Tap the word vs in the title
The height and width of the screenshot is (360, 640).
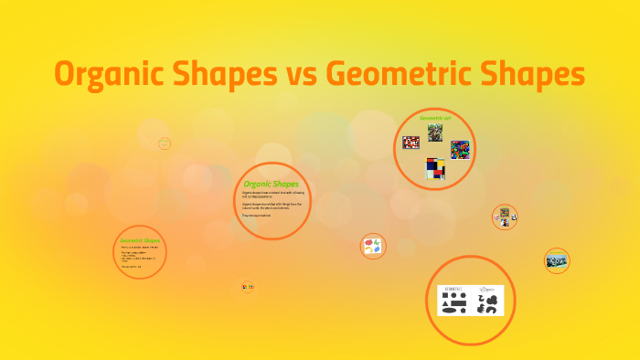[x=296, y=75]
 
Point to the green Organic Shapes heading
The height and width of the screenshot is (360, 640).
[x=272, y=185]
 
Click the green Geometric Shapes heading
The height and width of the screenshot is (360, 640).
[x=140, y=240]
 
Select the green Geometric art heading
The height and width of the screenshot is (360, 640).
[x=434, y=118]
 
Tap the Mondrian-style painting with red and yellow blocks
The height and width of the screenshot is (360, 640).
[x=435, y=168]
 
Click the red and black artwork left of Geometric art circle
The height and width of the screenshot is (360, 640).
[x=411, y=143]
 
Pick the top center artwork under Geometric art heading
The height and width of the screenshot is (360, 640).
[x=435, y=132]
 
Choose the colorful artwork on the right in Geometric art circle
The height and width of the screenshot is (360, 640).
[x=459, y=150]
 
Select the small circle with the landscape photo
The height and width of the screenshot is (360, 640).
[x=557, y=261]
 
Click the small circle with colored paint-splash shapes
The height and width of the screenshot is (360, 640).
[x=373, y=246]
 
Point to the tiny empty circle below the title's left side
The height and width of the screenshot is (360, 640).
[x=165, y=143]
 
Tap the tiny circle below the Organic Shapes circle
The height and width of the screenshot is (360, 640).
[x=248, y=287]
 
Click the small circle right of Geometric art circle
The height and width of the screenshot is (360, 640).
[x=505, y=217]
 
